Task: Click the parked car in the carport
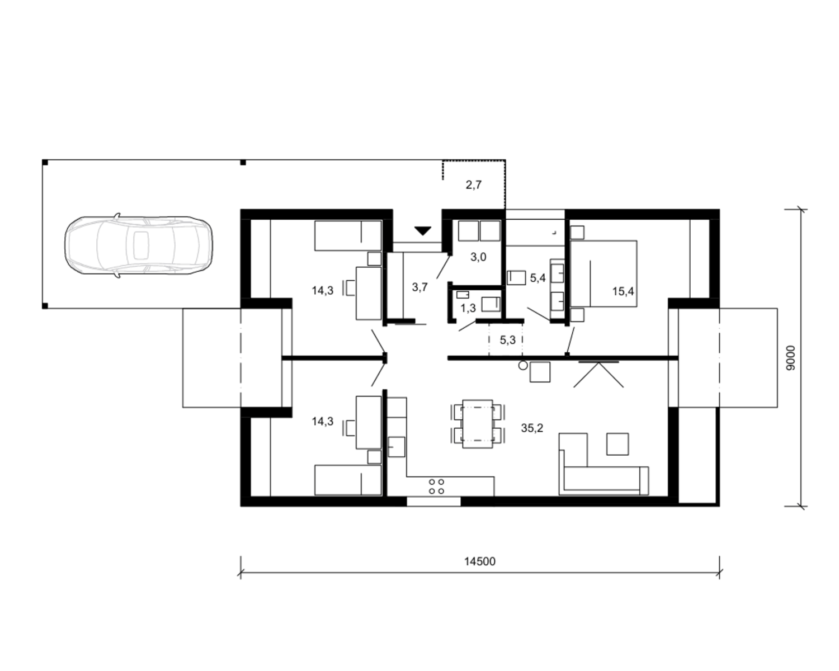138,245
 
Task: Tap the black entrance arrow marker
423,231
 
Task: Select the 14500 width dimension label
479,561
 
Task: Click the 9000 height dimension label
790,357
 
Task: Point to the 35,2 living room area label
532,428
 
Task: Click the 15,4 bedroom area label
623,291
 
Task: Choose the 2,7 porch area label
473,185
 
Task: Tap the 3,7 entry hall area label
420,287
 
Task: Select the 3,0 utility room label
478,257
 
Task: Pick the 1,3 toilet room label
468,309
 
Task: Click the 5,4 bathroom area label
538,278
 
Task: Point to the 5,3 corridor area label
508,340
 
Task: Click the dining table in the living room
478,423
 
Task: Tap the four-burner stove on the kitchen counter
436,486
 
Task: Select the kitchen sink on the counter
396,447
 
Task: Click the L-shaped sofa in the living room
604,480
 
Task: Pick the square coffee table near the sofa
618,444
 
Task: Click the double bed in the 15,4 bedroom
604,273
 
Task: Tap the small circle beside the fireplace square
523,365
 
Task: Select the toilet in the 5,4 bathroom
516,277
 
